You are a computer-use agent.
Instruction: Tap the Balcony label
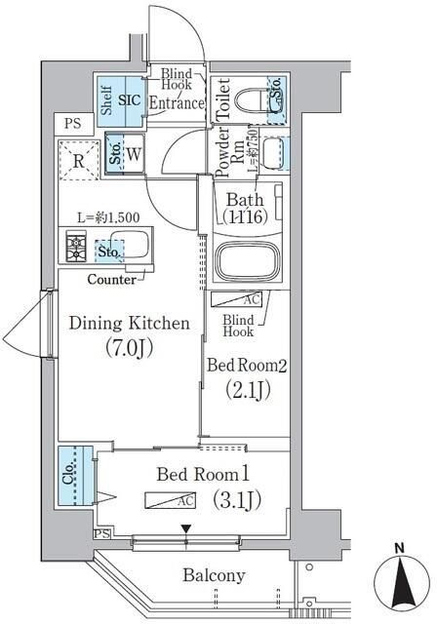point(213,575)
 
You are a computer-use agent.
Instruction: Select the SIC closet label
point(131,99)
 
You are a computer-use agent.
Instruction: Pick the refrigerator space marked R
point(76,159)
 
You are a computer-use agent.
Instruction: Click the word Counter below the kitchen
point(112,279)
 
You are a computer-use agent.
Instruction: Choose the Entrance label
point(178,102)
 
